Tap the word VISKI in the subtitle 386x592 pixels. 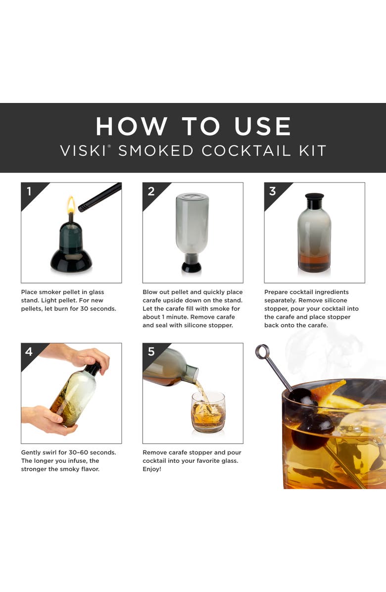[82, 150]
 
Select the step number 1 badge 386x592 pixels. [29, 191]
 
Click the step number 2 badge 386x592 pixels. [151, 191]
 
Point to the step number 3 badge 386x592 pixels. [273, 191]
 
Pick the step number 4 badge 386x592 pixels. [29, 351]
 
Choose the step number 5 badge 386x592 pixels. [151, 351]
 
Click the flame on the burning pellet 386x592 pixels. [71, 204]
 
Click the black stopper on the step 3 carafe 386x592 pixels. [314, 201]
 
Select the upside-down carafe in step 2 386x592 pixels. [192, 225]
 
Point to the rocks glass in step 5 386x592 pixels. [208, 413]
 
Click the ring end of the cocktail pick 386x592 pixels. [262, 352]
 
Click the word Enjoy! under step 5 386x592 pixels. [152, 469]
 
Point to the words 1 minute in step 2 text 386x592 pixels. [175, 317]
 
